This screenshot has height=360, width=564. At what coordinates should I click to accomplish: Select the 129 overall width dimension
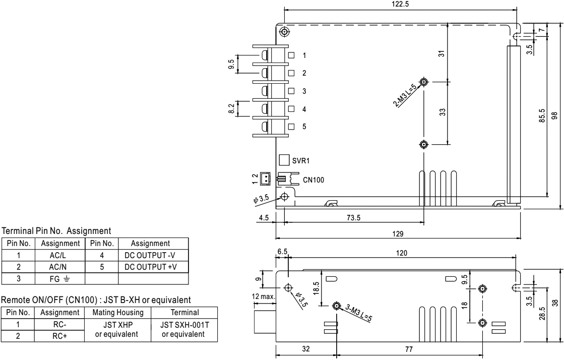398,233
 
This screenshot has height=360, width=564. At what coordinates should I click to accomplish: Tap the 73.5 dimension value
354,218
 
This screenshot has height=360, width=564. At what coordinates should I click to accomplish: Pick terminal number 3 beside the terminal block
304,91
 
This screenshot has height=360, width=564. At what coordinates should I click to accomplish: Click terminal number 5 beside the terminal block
304,127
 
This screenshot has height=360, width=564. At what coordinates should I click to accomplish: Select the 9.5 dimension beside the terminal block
231,65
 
